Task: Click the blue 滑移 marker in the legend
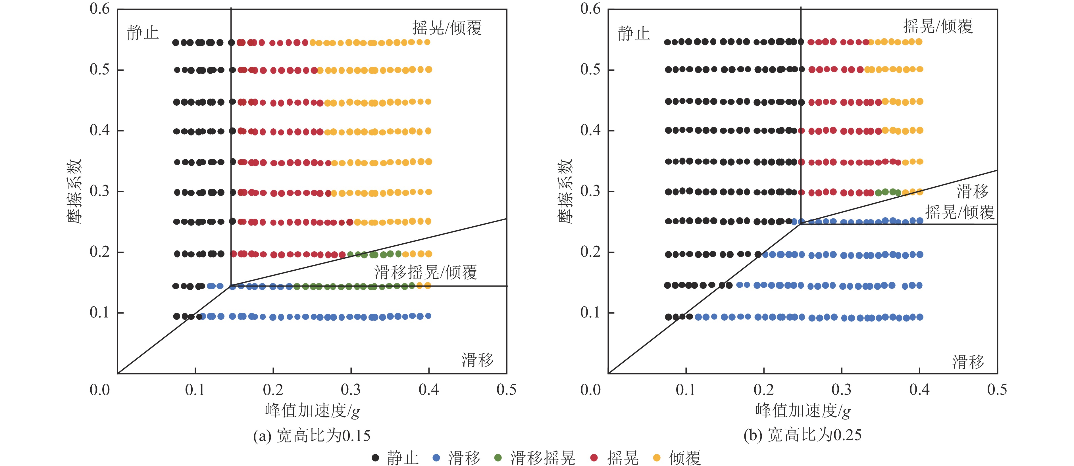pyautogui.click(x=436, y=458)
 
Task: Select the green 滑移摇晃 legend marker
pyautogui.click(x=498, y=458)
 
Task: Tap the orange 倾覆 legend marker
pyautogui.click(x=657, y=458)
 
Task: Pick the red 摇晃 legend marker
pyautogui.click(x=594, y=458)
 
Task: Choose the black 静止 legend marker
pyautogui.click(x=375, y=458)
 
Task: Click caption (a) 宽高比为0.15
pyautogui.click(x=312, y=436)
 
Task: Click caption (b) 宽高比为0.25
pyautogui.click(x=803, y=435)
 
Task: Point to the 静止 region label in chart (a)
pyautogui.click(x=143, y=32)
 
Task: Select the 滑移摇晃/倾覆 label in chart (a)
pyautogui.click(x=426, y=272)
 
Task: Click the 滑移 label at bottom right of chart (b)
pyautogui.click(x=968, y=361)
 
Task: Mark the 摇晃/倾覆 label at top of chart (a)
pyautogui.click(x=447, y=28)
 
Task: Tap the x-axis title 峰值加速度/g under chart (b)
pyautogui.click(x=803, y=411)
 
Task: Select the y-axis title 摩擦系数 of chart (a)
pyautogui.click(x=75, y=191)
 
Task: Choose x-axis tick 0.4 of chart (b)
pyautogui.click(x=919, y=390)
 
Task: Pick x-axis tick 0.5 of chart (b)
pyautogui.click(x=997, y=390)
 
